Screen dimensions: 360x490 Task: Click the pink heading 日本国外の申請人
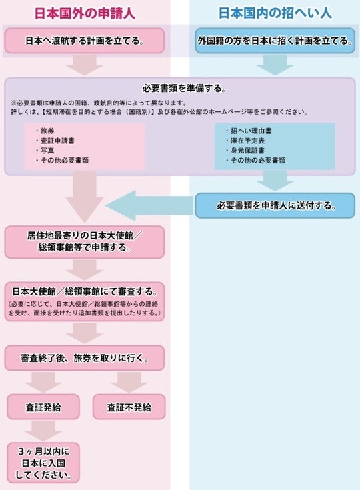point(85,14)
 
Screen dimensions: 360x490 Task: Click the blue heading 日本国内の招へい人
point(275,14)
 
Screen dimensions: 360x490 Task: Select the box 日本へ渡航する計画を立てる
point(85,41)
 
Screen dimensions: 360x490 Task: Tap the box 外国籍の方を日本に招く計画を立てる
point(275,41)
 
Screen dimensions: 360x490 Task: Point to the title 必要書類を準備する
point(184,89)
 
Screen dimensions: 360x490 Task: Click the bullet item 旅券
point(45,131)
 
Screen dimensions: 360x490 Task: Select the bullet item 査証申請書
point(55,141)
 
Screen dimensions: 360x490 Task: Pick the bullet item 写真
point(45,150)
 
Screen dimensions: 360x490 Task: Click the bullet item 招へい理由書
point(249,131)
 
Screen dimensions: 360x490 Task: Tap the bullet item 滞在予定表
point(245,141)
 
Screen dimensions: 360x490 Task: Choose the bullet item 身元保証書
point(245,150)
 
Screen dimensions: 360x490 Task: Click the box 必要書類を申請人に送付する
point(275,205)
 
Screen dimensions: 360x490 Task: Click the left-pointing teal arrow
point(149,205)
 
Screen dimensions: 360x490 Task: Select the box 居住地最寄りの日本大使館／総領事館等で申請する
point(85,242)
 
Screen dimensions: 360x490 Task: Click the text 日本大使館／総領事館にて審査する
point(85,291)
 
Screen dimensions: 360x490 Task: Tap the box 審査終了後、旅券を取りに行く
point(85,358)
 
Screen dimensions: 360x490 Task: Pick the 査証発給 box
point(43,407)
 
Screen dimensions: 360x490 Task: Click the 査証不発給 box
point(129,407)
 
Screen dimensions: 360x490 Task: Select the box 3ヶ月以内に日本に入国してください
point(43,463)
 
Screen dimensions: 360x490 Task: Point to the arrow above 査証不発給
point(129,383)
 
